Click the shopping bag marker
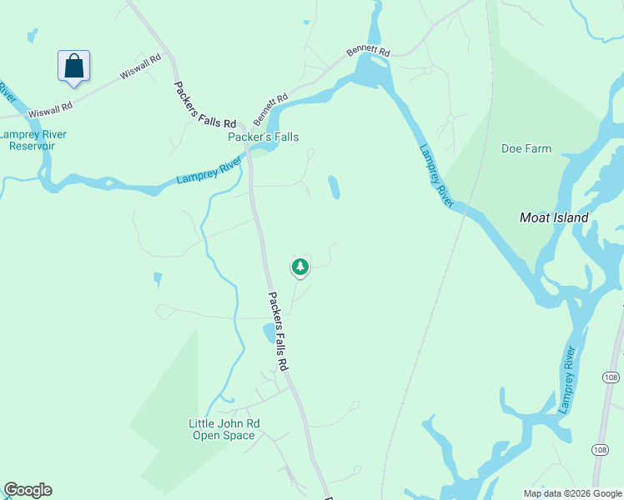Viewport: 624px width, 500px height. pos(73,66)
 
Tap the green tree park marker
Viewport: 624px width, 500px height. pos(300,267)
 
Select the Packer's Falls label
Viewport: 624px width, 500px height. pos(264,137)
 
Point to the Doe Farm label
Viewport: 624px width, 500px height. pos(526,149)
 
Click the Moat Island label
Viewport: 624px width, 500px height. pos(554,217)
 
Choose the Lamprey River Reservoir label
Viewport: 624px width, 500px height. pos(33,140)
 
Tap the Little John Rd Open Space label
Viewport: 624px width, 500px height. pos(224,429)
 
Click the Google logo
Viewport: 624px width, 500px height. pos(28,490)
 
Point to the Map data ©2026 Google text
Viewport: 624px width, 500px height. pos(571,493)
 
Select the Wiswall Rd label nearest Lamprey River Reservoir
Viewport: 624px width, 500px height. pos(50,109)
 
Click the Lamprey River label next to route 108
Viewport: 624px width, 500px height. pos(568,379)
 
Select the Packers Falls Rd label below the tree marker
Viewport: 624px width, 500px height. pos(278,331)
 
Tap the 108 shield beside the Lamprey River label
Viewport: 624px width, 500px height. pos(610,377)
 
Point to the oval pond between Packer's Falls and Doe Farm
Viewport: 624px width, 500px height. pos(334,187)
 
